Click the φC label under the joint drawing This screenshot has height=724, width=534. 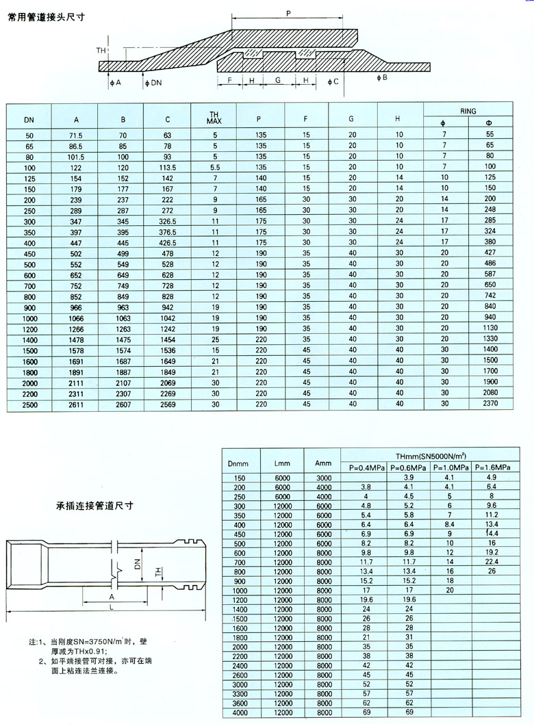[333, 81]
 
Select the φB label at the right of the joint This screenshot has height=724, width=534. [382, 77]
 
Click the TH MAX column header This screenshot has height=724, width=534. [214, 117]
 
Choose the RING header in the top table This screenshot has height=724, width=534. [468, 109]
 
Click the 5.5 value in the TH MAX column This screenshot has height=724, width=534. [214, 167]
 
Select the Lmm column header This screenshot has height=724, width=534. [282, 462]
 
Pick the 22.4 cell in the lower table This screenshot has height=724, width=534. [492, 561]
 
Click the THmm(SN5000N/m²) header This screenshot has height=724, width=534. [431, 456]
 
